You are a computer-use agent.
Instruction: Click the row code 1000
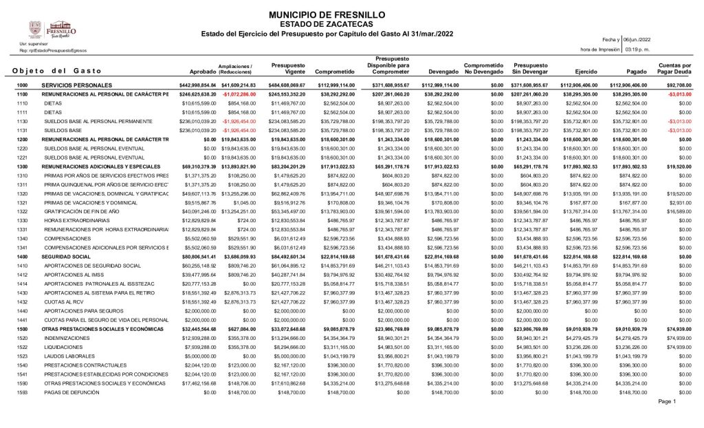point(22,85)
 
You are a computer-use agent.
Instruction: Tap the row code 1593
point(22,392)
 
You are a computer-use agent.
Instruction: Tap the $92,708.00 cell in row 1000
point(679,85)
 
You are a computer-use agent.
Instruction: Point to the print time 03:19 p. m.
point(637,50)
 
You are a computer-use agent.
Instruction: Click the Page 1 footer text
point(667,401)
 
